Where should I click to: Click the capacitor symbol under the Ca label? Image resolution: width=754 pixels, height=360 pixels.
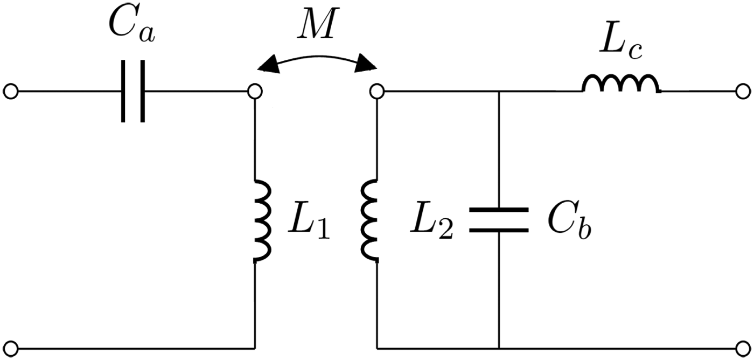coord(132,92)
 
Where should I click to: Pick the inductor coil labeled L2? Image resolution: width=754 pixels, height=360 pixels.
coord(371,221)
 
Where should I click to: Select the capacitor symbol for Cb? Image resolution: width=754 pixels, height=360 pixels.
coord(499,219)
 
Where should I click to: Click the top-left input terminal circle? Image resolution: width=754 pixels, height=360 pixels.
coord(10,92)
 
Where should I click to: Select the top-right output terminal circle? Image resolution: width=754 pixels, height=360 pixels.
coord(743,92)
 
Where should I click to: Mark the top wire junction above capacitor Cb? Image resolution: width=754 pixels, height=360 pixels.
coord(499,92)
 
